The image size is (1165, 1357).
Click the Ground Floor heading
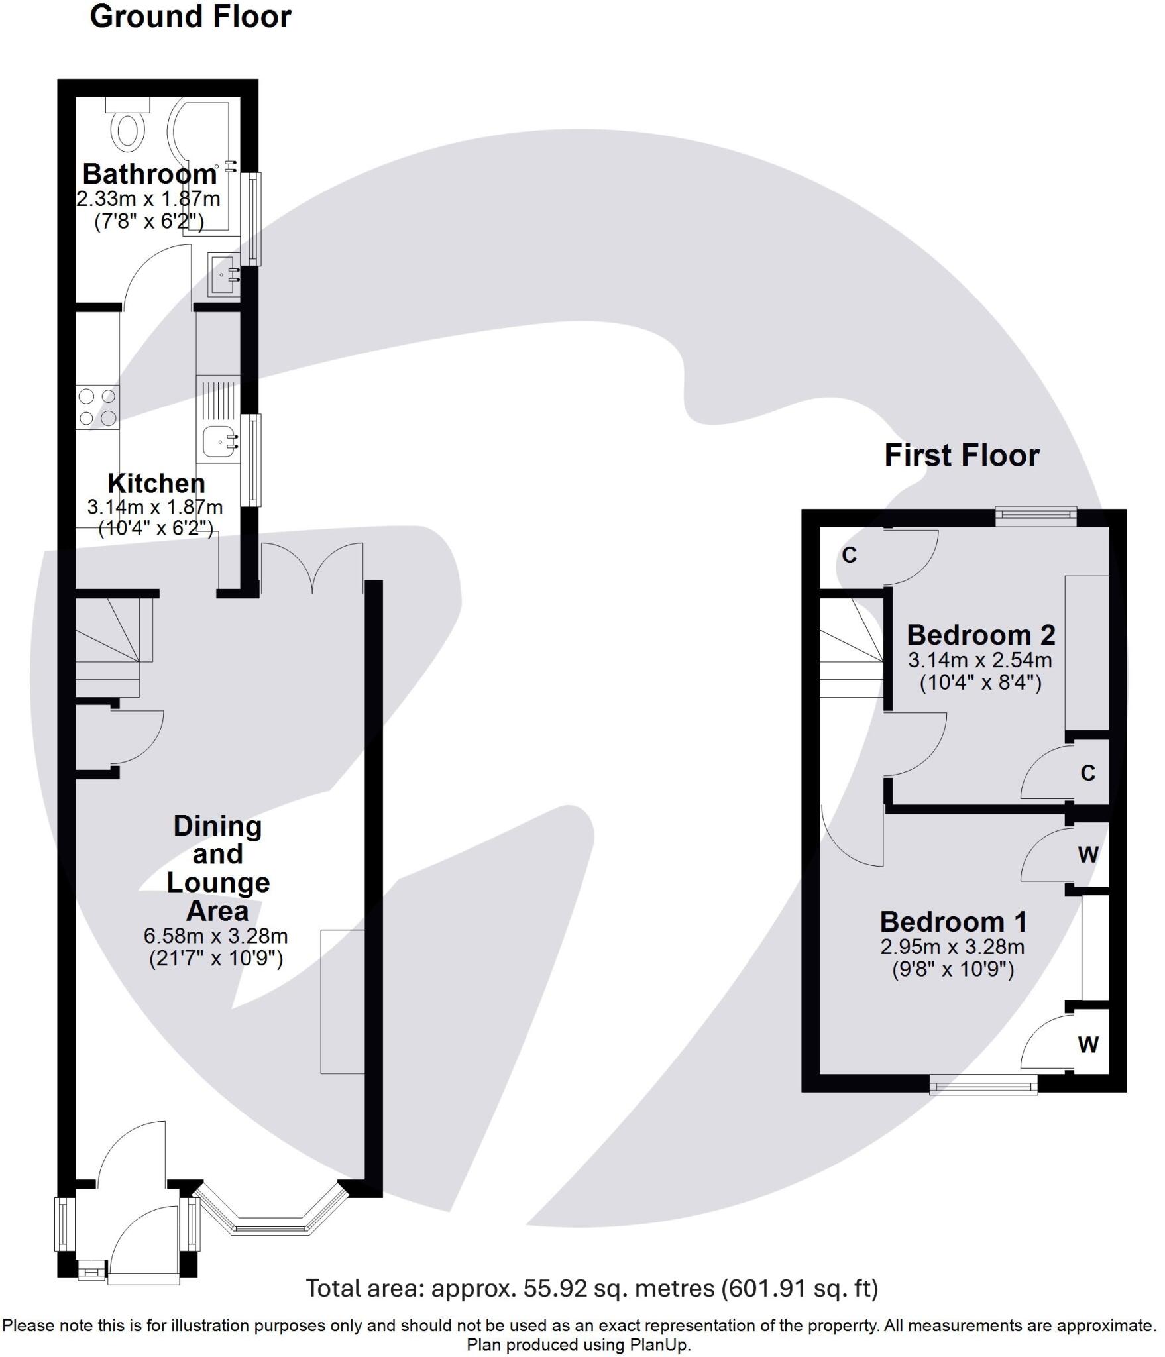190,17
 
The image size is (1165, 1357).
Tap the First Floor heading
961,456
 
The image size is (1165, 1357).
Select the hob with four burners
97,407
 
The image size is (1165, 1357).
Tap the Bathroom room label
149,174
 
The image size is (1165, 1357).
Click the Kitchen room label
156,483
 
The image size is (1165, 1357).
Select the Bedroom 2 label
980,635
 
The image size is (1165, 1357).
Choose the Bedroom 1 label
953,922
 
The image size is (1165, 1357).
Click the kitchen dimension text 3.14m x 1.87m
154,508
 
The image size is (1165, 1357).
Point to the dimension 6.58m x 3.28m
215,936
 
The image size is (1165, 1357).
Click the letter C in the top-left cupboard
849,555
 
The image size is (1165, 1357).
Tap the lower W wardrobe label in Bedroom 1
1087,1045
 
